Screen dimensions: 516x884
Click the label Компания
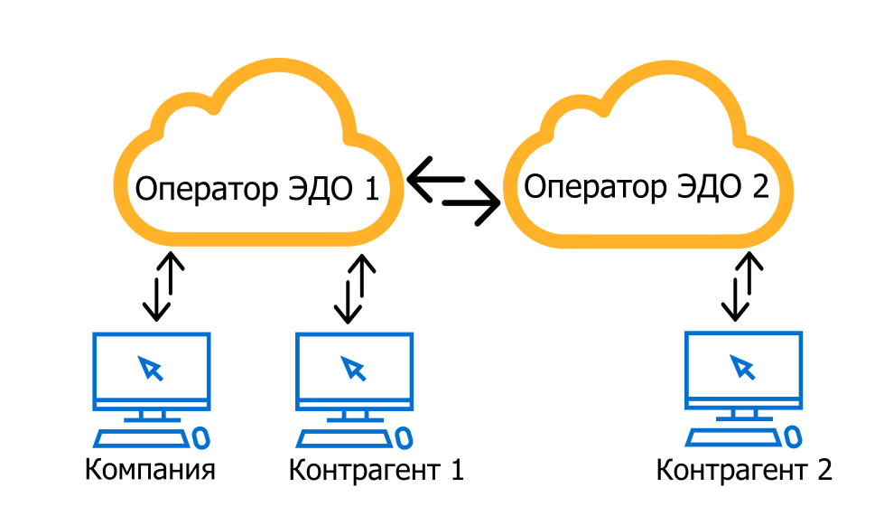tap(151, 471)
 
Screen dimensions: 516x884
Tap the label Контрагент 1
tap(376, 471)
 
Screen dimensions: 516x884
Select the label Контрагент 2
tap(743, 470)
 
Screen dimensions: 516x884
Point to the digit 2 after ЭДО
tap(758, 187)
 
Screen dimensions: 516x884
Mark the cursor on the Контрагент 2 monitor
tap(742, 366)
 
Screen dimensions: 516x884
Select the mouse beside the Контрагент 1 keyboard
tap(405, 437)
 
